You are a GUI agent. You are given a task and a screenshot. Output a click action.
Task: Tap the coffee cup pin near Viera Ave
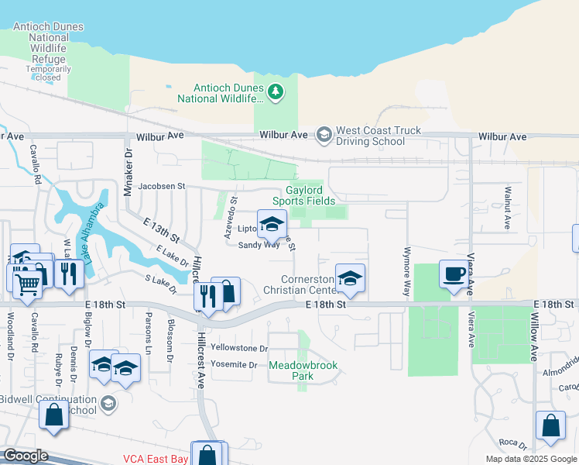[x=453, y=274]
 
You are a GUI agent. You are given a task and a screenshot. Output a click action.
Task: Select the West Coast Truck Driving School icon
[x=324, y=136]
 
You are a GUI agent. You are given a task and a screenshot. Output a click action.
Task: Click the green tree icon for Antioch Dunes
[x=276, y=93]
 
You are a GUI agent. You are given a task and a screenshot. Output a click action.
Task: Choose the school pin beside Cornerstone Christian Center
[x=350, y=277]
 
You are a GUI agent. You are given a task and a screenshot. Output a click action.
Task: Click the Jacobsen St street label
[x=162, y=186]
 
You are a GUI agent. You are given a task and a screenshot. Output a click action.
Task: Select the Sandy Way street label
[x=259, y=245]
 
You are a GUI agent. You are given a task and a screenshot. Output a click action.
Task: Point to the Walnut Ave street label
[x=508, y=207]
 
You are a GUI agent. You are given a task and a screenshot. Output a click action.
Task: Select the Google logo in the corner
[x=25, y=456]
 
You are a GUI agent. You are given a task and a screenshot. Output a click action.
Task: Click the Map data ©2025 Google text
[x=530, y=459]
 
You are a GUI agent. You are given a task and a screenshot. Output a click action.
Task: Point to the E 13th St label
[x=161, y=229]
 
